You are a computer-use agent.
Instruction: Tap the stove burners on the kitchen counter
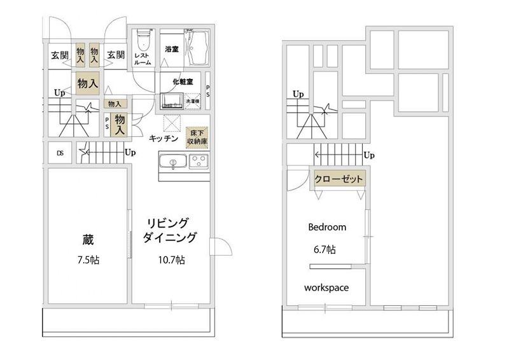click(x=199, y=162)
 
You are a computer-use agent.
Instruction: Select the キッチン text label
click(x=164, y=137)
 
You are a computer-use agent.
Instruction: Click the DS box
click(x=60, y=153)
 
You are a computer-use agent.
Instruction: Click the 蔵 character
click(x=88, y=240)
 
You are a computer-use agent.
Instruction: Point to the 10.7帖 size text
click(x=171, y=260)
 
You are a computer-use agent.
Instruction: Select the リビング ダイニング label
click(x=169, y=230)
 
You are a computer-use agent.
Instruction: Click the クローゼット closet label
click(x=339, y=179)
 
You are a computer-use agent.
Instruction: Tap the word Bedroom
click(x=327, y=227)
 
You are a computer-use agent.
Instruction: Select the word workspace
click(x=326, y=287)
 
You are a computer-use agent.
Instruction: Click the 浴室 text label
click(x=171, y=49)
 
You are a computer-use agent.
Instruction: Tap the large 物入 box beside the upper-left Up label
click(x=87, y=83)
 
